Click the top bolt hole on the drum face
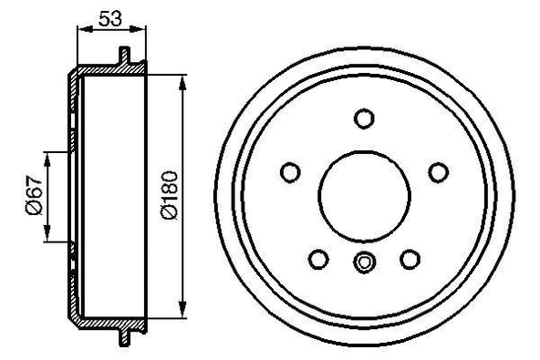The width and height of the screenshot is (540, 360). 364,118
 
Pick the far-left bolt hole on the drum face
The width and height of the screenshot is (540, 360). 290,171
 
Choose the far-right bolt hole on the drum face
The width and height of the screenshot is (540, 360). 438,171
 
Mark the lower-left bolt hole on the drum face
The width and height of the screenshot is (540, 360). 318,260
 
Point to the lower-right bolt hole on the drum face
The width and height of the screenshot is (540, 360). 410,260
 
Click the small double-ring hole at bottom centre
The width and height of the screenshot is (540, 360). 364,263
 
